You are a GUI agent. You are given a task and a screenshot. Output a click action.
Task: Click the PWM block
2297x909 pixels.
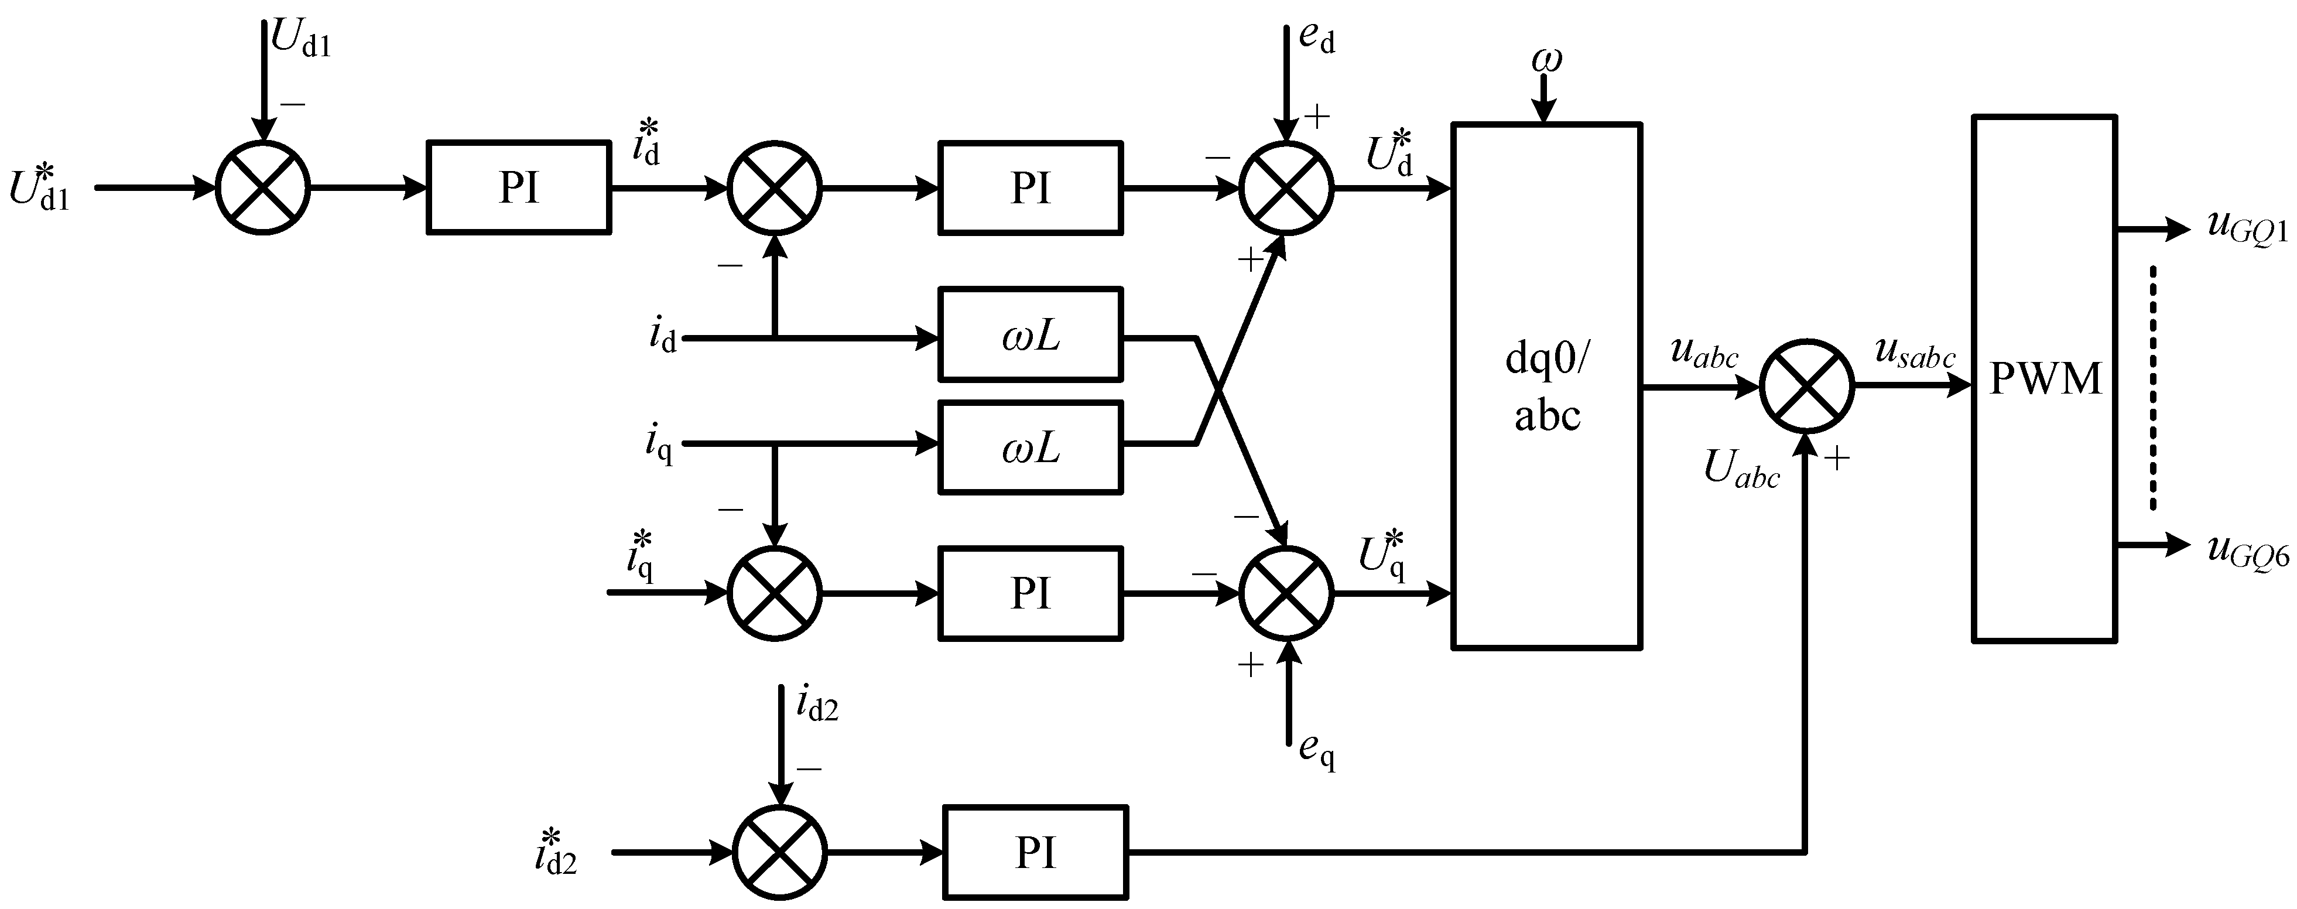tap(2043, 378)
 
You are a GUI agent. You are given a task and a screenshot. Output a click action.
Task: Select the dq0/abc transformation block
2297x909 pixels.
tap(1546, 385)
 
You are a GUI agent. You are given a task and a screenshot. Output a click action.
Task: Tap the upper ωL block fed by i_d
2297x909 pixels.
tap(1030, 334)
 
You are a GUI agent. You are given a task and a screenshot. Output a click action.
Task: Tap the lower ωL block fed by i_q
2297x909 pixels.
tap(1030, 447)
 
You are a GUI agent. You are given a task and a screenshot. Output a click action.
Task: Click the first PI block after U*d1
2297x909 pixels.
tap(519, 187)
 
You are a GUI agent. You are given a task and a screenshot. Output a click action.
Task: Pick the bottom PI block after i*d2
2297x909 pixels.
tap(1035, 852)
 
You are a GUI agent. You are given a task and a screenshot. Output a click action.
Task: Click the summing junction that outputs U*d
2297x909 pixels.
tap(1286, 188)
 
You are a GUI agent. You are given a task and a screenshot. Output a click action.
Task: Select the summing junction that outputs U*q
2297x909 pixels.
tap(1286, 592)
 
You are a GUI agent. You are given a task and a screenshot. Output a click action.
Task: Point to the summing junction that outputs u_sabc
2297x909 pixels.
tap(1806, 386)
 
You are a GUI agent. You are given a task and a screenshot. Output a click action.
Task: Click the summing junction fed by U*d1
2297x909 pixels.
tap(263, 188)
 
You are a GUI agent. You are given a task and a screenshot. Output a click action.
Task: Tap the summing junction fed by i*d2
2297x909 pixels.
tap(779, 852)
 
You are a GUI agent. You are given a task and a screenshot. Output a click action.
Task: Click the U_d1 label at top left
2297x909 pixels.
tap(300, 40)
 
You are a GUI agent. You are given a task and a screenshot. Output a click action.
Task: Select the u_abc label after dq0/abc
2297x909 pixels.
tap(1703, 354)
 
